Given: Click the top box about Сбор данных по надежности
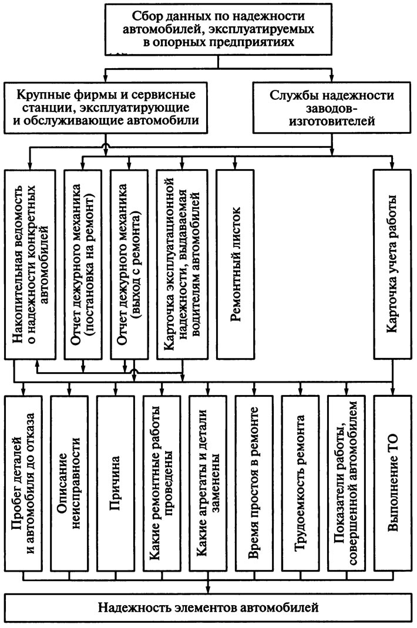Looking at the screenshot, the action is coord(218,29).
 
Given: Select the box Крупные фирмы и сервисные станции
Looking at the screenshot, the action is coord(106,107).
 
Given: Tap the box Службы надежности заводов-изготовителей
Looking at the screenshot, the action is coord(332,107).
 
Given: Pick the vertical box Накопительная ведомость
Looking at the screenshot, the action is coord(30,264).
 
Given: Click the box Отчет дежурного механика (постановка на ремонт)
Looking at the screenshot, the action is coord(83,264).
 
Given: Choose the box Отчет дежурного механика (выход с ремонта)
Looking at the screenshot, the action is coord(129,264).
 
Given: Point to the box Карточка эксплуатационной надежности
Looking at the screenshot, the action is coord(183,264).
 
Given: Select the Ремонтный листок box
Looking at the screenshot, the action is coord(236,264).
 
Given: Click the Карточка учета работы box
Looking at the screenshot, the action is coord(392,264).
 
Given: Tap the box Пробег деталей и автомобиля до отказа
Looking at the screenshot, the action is coord(23,484).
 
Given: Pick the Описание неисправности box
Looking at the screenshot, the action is coord(69,484).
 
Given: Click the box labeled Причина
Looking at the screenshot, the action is coord(116,484).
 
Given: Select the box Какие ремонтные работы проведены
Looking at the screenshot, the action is coord(162,484).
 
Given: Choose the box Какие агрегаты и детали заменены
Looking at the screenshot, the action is coord(208,484).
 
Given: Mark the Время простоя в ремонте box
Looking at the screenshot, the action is coord(254,484).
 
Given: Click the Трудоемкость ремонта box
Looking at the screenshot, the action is coord(300,484).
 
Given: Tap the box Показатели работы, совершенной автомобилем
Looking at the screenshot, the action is coord(346,484).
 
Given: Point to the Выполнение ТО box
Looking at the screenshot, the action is coord(392,484).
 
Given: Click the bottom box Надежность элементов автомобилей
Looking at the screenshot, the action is coord(208,608).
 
